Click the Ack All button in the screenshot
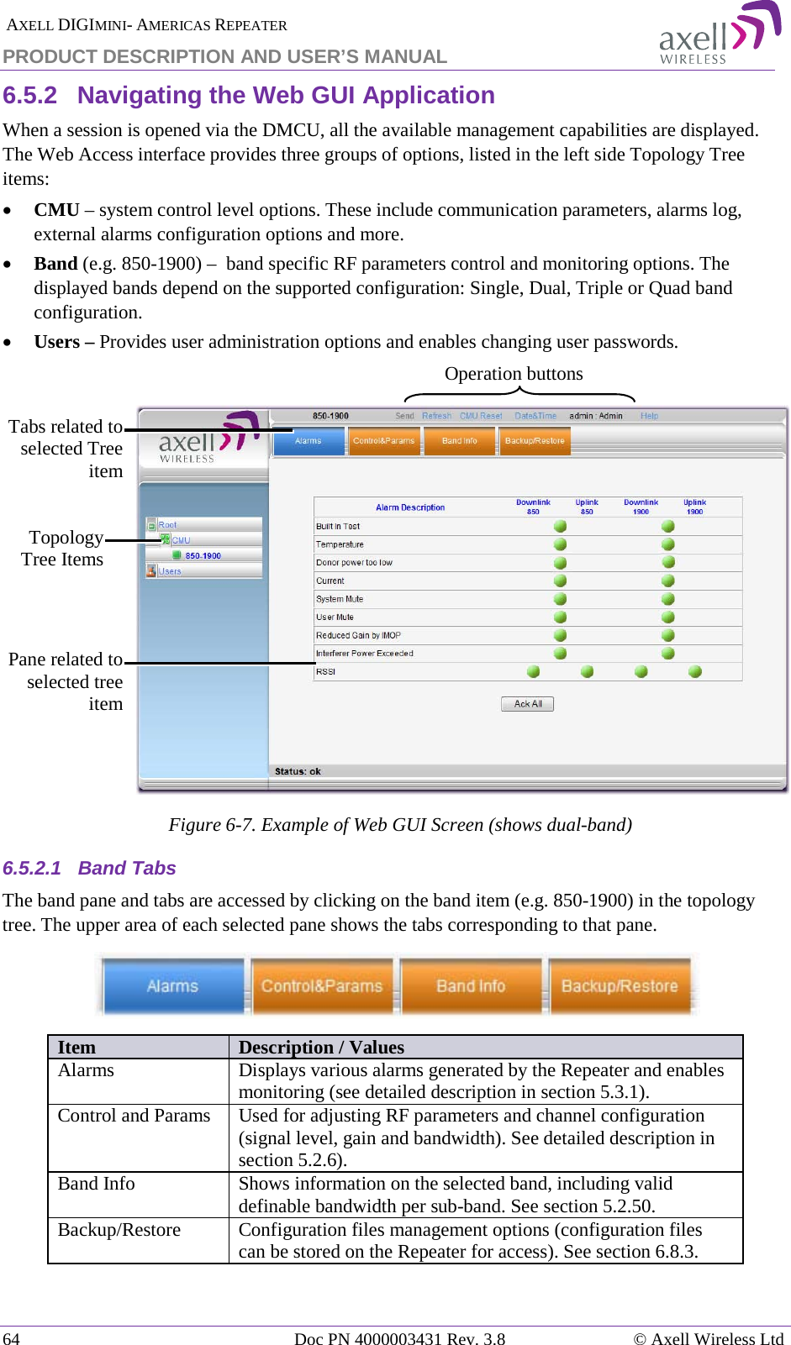tap(527, 704)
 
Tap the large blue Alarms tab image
tap(173, 985)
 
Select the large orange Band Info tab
tap(471, 985)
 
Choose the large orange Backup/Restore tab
tap(620, 985)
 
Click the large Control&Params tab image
tap(322, 985)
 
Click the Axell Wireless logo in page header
tap(719, 34)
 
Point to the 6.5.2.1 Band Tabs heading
tap(90, 868)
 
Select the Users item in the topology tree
tap(170, 571)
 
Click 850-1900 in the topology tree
tap(203, 556)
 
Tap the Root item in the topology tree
tap(167, 525)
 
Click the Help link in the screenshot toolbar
tap(649, 416)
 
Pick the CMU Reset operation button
tap(481, 416)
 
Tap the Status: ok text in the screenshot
tap(298, 771)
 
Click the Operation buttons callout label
tap(514, 374)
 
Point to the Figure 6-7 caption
tap(400, 825)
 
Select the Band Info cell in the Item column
tap(97, 1184)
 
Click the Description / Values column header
tap(321, 1047)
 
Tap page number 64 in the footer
tap(12, 1338)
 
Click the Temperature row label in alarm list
tap(340, 544)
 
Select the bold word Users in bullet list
tap(57, 342)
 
